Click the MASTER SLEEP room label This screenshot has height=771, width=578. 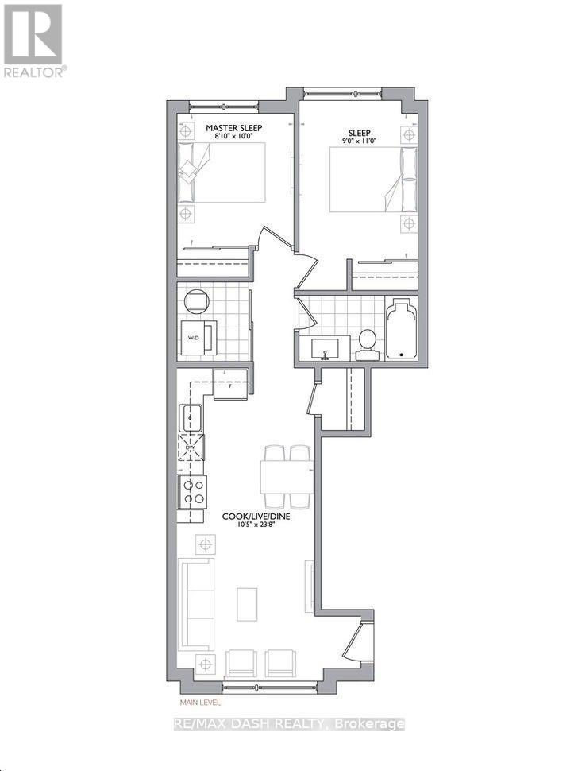(x=233, y=127)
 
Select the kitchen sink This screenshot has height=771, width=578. (x=191, y=417)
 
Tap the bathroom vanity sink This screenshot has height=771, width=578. (x=326, y=347)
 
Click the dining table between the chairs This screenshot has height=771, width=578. (x=287, y=476)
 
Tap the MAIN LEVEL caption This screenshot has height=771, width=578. (x=199, y=703)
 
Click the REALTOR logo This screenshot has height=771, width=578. (x=33, y=40)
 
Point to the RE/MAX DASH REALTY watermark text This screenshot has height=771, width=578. (x=289, y=724)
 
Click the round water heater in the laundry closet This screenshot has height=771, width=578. (x=196, y=301)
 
